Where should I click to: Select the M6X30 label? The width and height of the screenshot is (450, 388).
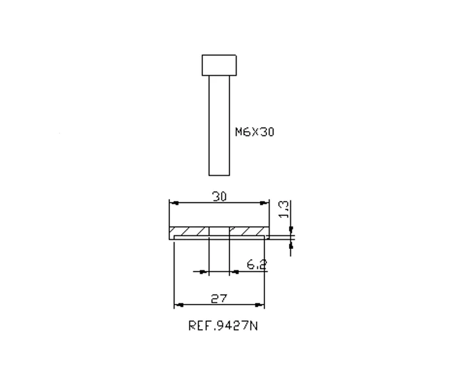coord(255,132)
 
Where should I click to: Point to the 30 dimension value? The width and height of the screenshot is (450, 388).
coord(220,197)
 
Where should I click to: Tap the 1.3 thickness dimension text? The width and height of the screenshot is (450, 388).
coord(284,210)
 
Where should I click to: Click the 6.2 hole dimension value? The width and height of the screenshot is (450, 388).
coord(257,264)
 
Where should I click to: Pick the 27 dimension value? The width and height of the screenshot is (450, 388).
coord(219,299)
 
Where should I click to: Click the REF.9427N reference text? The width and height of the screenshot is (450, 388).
coord(223,326)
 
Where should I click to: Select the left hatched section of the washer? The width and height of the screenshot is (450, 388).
coord(189,231)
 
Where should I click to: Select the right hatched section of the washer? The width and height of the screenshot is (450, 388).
coord(249,231)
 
